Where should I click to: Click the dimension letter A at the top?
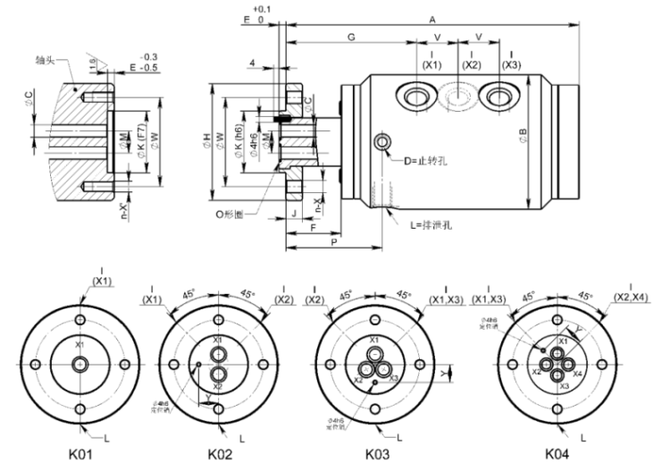[432, 18]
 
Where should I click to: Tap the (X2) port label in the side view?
[472, 64]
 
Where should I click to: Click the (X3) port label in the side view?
[511, 64]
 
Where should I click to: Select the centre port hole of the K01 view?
[80, 363]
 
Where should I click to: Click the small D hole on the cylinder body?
[384, 142]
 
